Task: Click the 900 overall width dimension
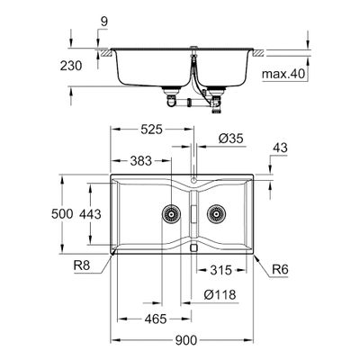click(186, 340)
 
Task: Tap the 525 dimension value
click(151, 130)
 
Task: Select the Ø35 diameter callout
click(230, 139)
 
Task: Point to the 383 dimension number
click(141, 161)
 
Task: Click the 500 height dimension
click(62, 214)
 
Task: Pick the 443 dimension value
click(90, 214)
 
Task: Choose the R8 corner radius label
click(82, 265)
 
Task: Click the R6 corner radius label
click(280, 269)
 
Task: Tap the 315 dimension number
click(221, 270)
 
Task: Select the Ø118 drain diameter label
click(220, 294)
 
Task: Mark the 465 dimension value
click(156, 319)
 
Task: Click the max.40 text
click(283, 74)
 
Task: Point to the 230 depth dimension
click(71, 66)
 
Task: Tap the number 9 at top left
click(104, 22)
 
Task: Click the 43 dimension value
click(280, 148)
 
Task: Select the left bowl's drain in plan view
click(171, 214)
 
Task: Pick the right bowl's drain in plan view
click(216, 214)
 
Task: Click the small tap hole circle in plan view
click(193, 181)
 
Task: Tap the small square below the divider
click(193, 247)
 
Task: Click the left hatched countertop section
click(107, 53)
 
